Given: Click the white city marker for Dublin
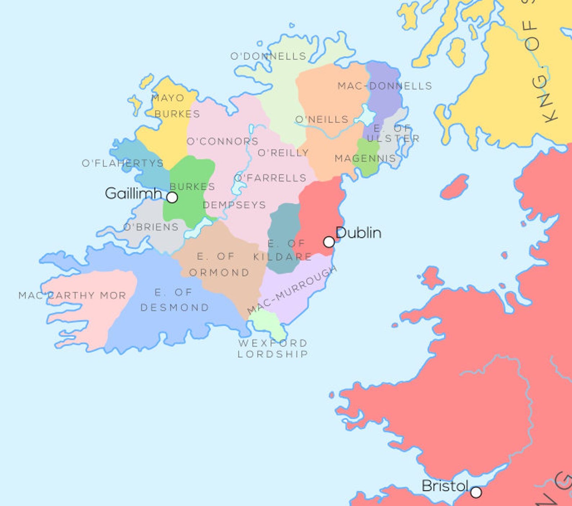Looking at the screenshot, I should pos(329,242).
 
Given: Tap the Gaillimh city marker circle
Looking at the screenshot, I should pos(172,197).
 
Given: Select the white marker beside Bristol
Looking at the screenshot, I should pos(476,492).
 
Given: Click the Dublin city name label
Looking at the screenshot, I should pos(358,233).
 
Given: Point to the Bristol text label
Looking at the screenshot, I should pos(445,486).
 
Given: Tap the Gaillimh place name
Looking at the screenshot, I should pos(133,194).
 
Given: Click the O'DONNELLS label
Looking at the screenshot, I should pos(268,56).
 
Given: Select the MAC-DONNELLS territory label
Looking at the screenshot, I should pos(385,86).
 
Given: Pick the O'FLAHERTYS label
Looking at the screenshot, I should pos(123,163).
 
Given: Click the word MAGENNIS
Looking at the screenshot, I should pos(365,158).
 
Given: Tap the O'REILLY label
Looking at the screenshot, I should pos(283,153).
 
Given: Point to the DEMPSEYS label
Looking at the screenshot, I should pos(234,205).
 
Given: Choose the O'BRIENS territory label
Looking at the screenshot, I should pos(151,227).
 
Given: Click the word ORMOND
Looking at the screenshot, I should pos(219,272).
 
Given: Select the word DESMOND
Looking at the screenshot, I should pos(175,307).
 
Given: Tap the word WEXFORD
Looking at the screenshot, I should pos(273,343).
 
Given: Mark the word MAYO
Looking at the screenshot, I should pos(168,98).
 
